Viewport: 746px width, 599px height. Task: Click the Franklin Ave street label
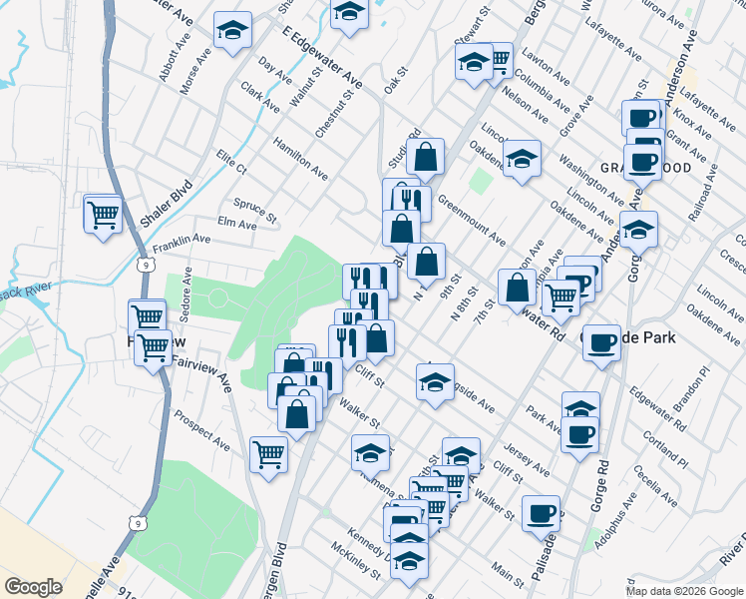click(182, 241)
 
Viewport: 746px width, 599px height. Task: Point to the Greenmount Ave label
click(470, 223)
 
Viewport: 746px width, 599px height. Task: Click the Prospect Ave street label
click(200, 426)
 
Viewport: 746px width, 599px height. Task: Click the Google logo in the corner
click(33, 587)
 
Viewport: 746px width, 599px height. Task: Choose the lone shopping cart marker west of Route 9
click(104, 213)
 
